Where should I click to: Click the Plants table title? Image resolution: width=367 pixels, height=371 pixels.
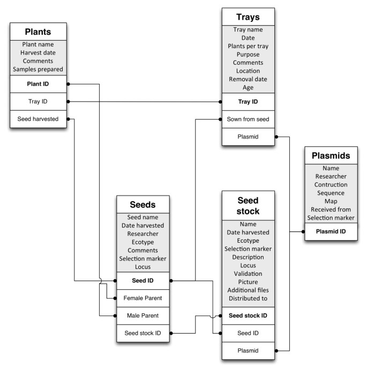(x=38, y=31)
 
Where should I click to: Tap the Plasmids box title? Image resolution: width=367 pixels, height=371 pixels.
(x=331, y=156)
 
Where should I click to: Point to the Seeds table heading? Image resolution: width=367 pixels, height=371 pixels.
(x=143, y=205)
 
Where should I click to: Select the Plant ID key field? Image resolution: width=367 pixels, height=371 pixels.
(x=38, y=84)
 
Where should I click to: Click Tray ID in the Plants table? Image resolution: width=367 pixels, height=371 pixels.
(x=38, y=101)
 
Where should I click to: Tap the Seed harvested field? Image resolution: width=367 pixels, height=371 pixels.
(x=38, y=119)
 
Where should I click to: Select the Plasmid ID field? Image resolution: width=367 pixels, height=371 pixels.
(x=331, y=231)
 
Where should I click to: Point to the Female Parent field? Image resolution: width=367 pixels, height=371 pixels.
(x=143, y=298)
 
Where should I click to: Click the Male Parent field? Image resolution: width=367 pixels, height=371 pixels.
(x=143, y=315)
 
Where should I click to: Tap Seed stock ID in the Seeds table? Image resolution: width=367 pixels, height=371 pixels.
(x=143, y=333)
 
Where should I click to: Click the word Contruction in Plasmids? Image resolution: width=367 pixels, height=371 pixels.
(x=331, y=184)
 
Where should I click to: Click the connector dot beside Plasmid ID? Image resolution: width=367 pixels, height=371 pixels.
(x=304, y=231)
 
